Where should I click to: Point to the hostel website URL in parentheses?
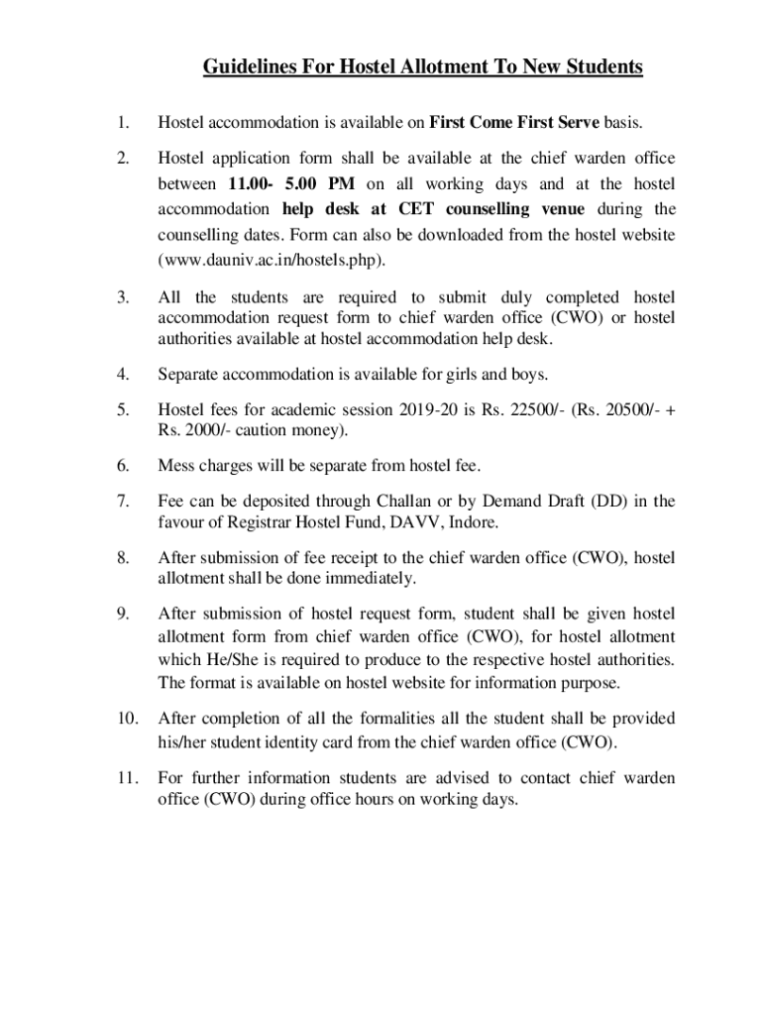(x=271, y=261)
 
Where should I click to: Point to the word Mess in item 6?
(x=175, y=465)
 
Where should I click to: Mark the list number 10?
(x=125, y=718)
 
